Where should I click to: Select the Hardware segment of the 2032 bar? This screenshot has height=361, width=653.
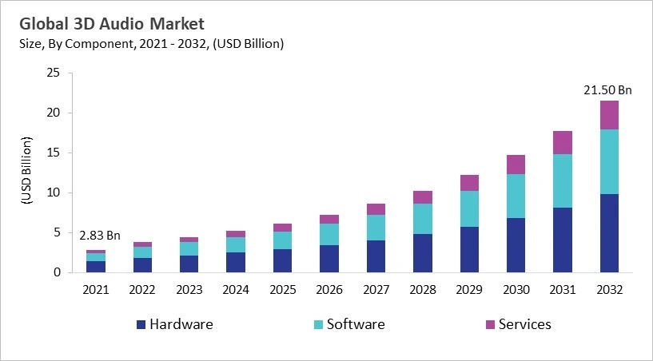point(609,232)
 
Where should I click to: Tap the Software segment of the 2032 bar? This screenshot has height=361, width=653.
point(609,161)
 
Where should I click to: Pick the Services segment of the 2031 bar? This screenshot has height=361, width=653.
point(562,142)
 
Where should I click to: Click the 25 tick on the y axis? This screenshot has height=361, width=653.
point(54,73)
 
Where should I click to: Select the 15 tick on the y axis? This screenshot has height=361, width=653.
point(54,153)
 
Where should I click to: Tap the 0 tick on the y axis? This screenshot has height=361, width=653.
point(57,272)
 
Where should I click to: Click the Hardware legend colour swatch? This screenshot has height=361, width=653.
point(141,324)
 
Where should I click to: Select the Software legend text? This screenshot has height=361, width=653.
point(356,324)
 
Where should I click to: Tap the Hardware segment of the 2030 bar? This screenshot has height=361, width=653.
point(516,245)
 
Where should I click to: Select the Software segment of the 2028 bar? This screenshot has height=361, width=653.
point(422,219)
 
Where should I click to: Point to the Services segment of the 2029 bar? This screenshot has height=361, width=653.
point(468,183)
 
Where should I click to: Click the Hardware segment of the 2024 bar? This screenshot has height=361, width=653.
point(235,262)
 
